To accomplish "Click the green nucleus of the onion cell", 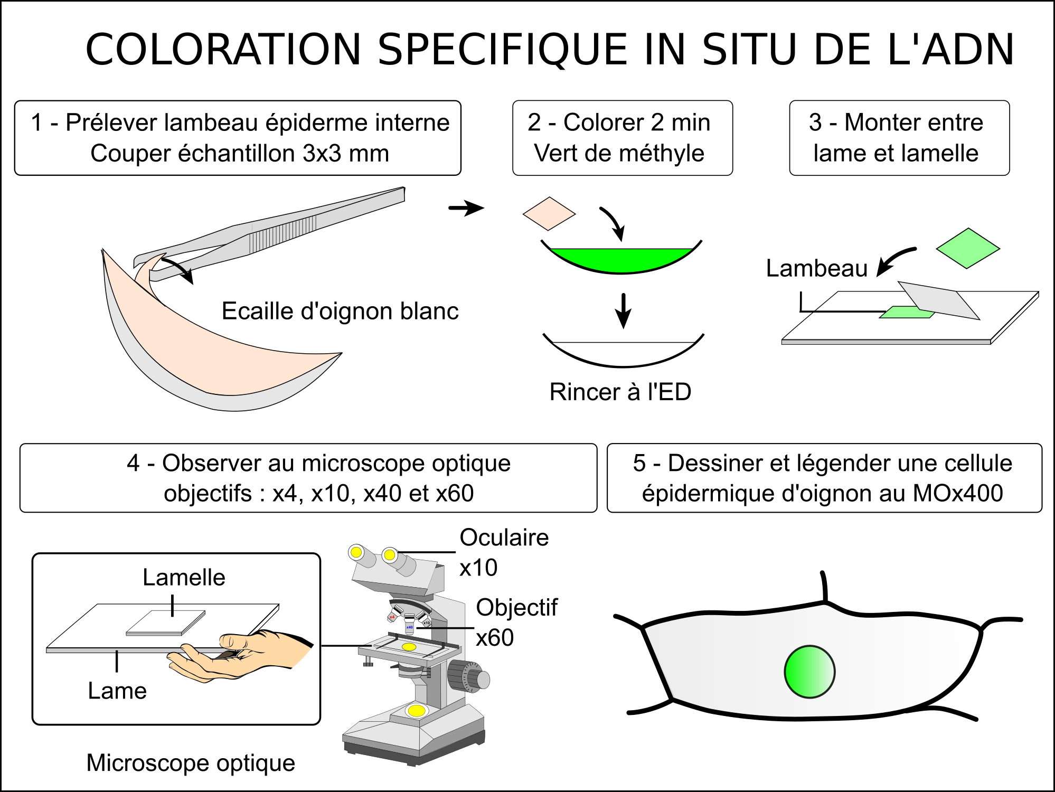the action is tap(809, 672).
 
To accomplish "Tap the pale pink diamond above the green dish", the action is tap(549, 214).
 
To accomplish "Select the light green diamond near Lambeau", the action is tap(968, 248).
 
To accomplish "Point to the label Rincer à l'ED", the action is tap(620, 392).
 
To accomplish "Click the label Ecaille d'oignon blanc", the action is tap(340, 311).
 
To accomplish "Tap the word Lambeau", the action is tap(817, 268).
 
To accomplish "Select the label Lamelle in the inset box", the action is tap(184, 577).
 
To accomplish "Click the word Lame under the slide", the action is tap(117, 691).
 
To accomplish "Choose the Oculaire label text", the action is tap(504, 538).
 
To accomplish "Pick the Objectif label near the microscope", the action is tap(516, 607).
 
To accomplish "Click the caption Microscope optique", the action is tap(191, 763).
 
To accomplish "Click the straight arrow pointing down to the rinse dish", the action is tap(624, 311).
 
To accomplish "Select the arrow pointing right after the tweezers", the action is tap(466, 208).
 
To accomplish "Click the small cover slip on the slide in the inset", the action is tap(166, 623).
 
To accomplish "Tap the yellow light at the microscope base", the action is tap(417, 711).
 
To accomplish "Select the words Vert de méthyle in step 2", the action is tap(619, 153).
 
